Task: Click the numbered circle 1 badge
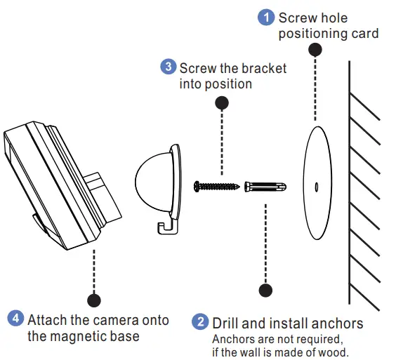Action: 267,17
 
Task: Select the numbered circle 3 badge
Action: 168,67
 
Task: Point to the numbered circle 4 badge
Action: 15,319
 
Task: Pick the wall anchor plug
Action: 266,188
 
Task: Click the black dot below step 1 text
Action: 315,50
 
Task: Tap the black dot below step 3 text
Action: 222,102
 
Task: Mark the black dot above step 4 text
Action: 93,300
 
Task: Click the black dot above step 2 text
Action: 266,288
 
